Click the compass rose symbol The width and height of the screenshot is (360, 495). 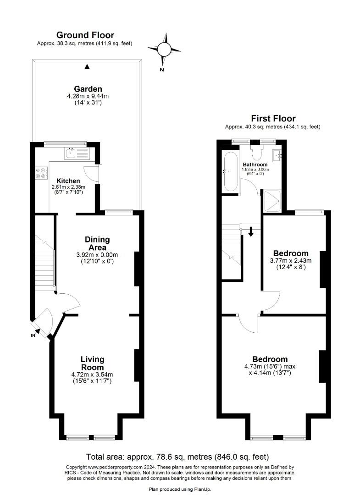(x=164, y=49)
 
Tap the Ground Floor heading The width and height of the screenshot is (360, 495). (x=85, y=35)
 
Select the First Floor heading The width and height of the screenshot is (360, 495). (x=273, y=118)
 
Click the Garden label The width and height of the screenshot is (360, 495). (x=88, y=89)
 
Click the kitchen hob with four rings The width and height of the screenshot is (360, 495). (x=42, y=173)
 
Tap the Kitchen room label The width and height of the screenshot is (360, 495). (x=68, y=181)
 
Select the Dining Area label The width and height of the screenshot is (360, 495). (x=98, y=243)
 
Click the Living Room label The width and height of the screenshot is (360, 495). (x=92, y=363)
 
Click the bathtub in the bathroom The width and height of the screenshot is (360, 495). (x=231, y=172)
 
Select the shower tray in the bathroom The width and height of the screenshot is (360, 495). (x=271, y=201)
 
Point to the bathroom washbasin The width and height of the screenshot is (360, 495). (x=278, y=155)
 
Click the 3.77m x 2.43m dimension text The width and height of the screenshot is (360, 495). (x=291, y=261)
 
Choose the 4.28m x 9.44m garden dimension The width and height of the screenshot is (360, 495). (x=88, y=96)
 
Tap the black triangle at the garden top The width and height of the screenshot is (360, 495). (x=88, y=66)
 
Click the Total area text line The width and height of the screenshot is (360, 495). (x=178, y=457)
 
